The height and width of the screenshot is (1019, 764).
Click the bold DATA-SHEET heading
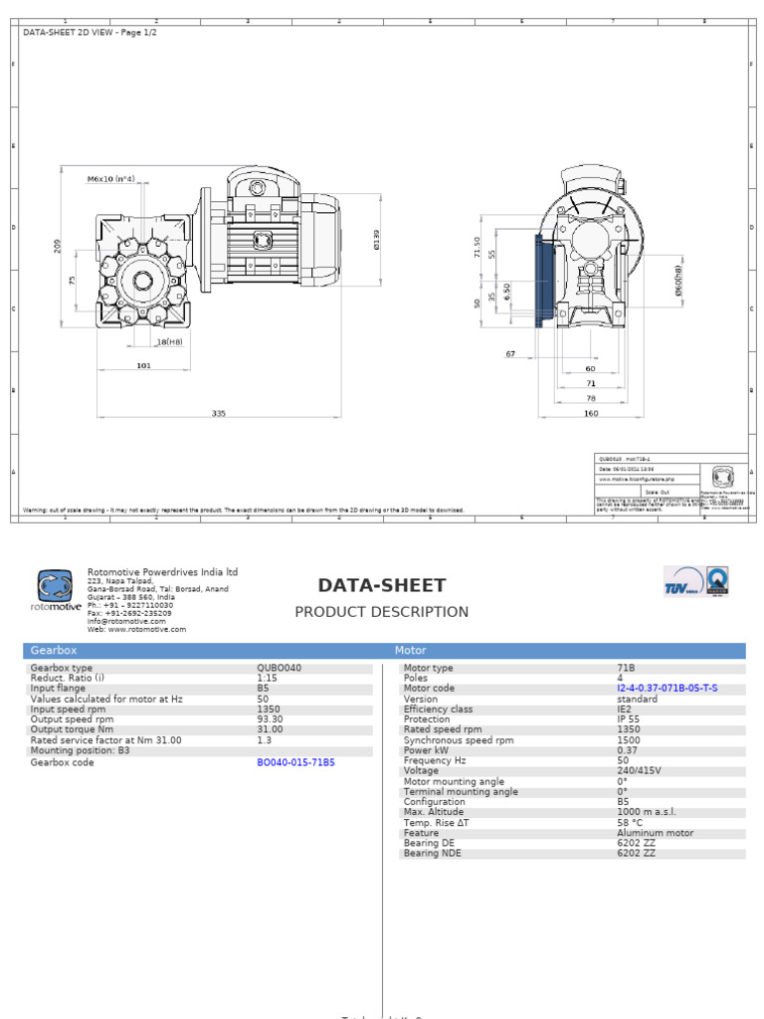coord(382,586)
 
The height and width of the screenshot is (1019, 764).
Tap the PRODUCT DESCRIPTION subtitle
coord(381,612)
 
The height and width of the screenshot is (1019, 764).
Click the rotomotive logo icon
coord(55,585)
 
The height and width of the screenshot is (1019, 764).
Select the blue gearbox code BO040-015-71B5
coord(295,762)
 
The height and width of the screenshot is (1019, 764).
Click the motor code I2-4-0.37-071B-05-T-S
coord(667,689)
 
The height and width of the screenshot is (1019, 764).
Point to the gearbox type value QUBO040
coord(279,669)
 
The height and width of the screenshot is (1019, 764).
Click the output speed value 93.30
coord(270,719)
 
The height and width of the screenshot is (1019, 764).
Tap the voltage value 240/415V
coord(639,771)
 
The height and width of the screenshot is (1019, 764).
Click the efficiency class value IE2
coord(625,710)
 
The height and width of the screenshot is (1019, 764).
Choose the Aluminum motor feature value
coord(656,833)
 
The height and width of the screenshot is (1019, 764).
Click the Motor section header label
coord(411,651)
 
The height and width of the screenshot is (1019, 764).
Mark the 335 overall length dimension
coord(219,413)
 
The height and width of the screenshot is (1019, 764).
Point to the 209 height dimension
coord(57,246)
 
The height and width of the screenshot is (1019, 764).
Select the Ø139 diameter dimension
coord(377,240)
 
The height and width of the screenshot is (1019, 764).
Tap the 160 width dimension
coord(590,413)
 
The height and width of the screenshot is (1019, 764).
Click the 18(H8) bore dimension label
coord(169,341)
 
